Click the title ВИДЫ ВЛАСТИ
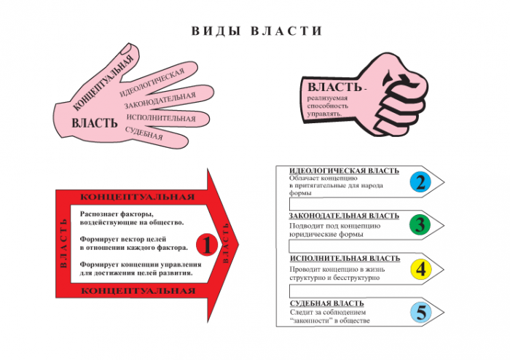coord(256,31)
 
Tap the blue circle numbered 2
coord(420,181)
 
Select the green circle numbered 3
coord(420,224)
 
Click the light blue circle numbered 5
coord(420,312)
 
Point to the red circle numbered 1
coord(206,246)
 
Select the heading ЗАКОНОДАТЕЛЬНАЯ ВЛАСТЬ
coord(344,216)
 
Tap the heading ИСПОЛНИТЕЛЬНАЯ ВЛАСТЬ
coord(344,259)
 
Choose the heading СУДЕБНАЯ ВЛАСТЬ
coord(326,303)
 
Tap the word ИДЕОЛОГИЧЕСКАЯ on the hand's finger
coord(151,83)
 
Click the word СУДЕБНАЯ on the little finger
coord(144,133)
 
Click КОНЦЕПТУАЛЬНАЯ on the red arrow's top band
coord(137,197)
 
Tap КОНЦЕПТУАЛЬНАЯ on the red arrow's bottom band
coord(137,291)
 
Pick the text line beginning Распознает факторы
coord(117,214)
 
